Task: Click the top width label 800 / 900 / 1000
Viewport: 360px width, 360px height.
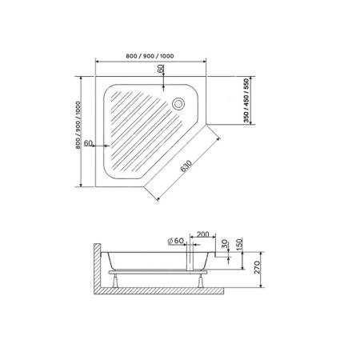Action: coord(150,55)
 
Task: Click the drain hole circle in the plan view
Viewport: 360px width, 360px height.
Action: coord(178,102)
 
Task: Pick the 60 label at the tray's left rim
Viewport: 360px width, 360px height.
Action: coord(89,143)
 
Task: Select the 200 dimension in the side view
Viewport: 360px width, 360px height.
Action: coord(202,234)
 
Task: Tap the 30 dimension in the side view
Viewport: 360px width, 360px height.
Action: coord(226,244)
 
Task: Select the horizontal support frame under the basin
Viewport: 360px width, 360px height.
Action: coord(160,273)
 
